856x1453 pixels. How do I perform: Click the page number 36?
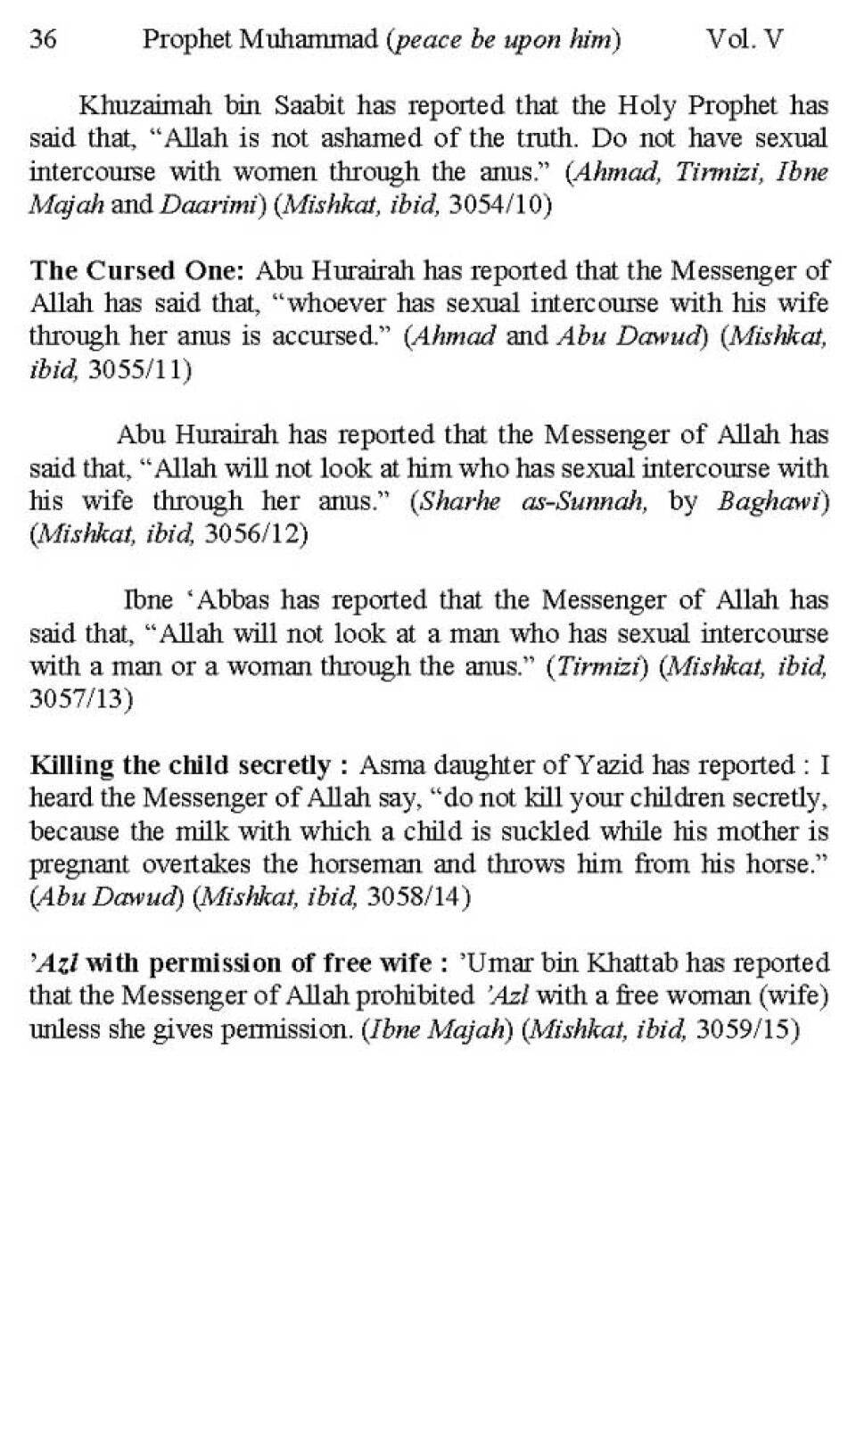[x=43, y=40]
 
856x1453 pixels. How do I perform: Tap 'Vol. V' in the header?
[x=745, y=40]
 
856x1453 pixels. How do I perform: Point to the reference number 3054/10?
[x=500, y=205]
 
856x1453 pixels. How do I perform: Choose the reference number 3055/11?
[x=140, y=369]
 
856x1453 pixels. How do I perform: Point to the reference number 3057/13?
[x=81, y=699]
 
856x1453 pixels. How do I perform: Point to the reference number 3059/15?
[x=746, y=1028]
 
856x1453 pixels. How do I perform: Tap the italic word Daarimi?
[x=210, y=205]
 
